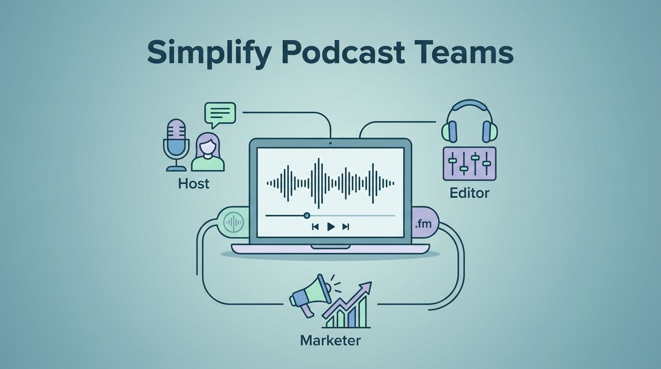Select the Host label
pos(194,184)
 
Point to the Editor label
pos(469,193)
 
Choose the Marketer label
pos(330,341)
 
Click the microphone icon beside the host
pos(176,144)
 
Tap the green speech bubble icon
pos(220,114)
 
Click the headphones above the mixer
pos(469,120)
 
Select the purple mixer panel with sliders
pos(469,163)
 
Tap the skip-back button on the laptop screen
pos(315,227)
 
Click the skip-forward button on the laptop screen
pos(345,227)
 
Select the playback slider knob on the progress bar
pos(307,215)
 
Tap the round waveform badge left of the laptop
pos(234,222)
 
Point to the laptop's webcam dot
pos(330,143)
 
